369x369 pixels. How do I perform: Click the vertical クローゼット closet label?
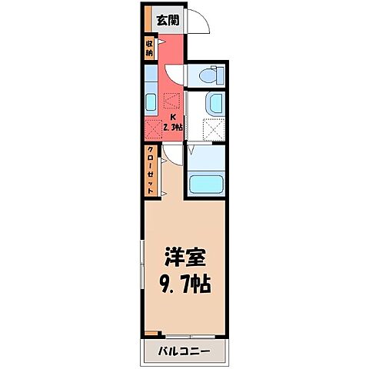click(x=151, y=170)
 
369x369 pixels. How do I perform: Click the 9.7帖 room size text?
click(x=185, y=282)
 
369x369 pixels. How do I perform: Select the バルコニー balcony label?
click(x=184, y=353)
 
